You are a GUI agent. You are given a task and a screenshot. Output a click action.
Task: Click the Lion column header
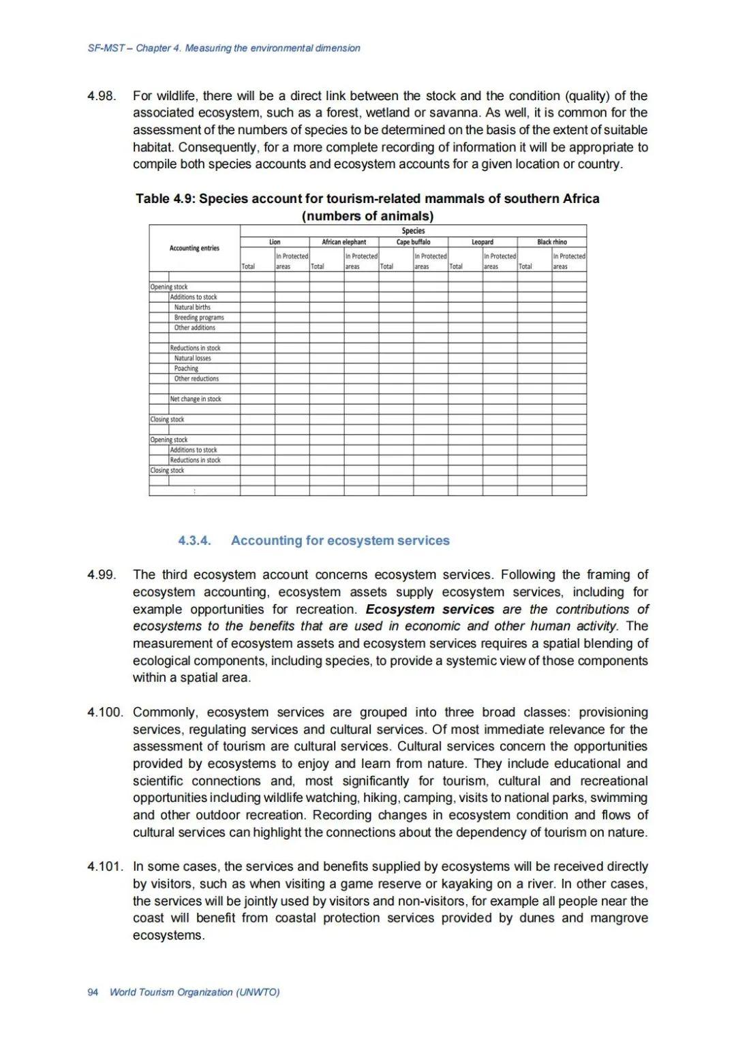[x=275, y=242]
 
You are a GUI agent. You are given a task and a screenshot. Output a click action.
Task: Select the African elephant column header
[x=343, y=242]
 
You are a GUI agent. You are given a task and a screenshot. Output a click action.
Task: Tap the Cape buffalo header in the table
[x=413, y=242]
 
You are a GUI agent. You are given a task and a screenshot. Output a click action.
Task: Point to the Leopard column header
[x=482, y=242]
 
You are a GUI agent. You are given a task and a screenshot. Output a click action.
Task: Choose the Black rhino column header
[x=552, y=242]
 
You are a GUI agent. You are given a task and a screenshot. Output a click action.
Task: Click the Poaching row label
[x=186, y=369]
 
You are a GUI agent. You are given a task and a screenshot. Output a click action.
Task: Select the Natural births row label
[x=192, y=307]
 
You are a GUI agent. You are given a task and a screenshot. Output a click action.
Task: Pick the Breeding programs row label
[x=199, y=317]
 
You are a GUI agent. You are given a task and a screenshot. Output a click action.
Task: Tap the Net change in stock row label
[x=196, y=399]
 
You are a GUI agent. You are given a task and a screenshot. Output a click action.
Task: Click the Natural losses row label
[x=193, y=358]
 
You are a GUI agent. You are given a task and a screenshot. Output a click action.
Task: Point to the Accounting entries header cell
[x=194, y=248]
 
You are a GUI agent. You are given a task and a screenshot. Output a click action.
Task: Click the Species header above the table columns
[x=413, y=231]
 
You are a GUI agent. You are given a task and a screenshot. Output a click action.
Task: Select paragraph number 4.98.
[x=102, y=96]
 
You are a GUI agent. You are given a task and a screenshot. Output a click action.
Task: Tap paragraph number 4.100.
[x=105, y=712]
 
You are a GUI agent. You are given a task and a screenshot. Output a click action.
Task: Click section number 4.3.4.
[x=194, y=540]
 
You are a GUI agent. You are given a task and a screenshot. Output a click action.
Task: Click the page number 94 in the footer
[x=93, y=992]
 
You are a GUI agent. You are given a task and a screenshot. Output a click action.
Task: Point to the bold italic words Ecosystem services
[x=429, y=609]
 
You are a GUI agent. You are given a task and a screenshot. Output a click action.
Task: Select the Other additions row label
[x=194, y=328]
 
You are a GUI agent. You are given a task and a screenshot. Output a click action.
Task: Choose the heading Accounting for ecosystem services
[x=340, y=540]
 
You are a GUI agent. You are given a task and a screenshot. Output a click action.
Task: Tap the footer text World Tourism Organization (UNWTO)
[x=194, y=992]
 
